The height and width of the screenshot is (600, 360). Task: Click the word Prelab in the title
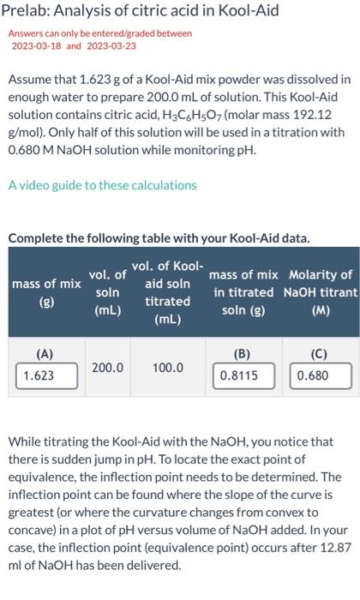coord(29,12)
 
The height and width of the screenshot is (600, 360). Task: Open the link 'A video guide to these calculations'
coord(102,184)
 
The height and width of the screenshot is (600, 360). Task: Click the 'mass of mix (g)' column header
coord(46,292)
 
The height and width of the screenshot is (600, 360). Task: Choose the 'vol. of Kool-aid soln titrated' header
coord(167,292)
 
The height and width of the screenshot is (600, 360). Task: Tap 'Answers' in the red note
coord(27,33)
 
